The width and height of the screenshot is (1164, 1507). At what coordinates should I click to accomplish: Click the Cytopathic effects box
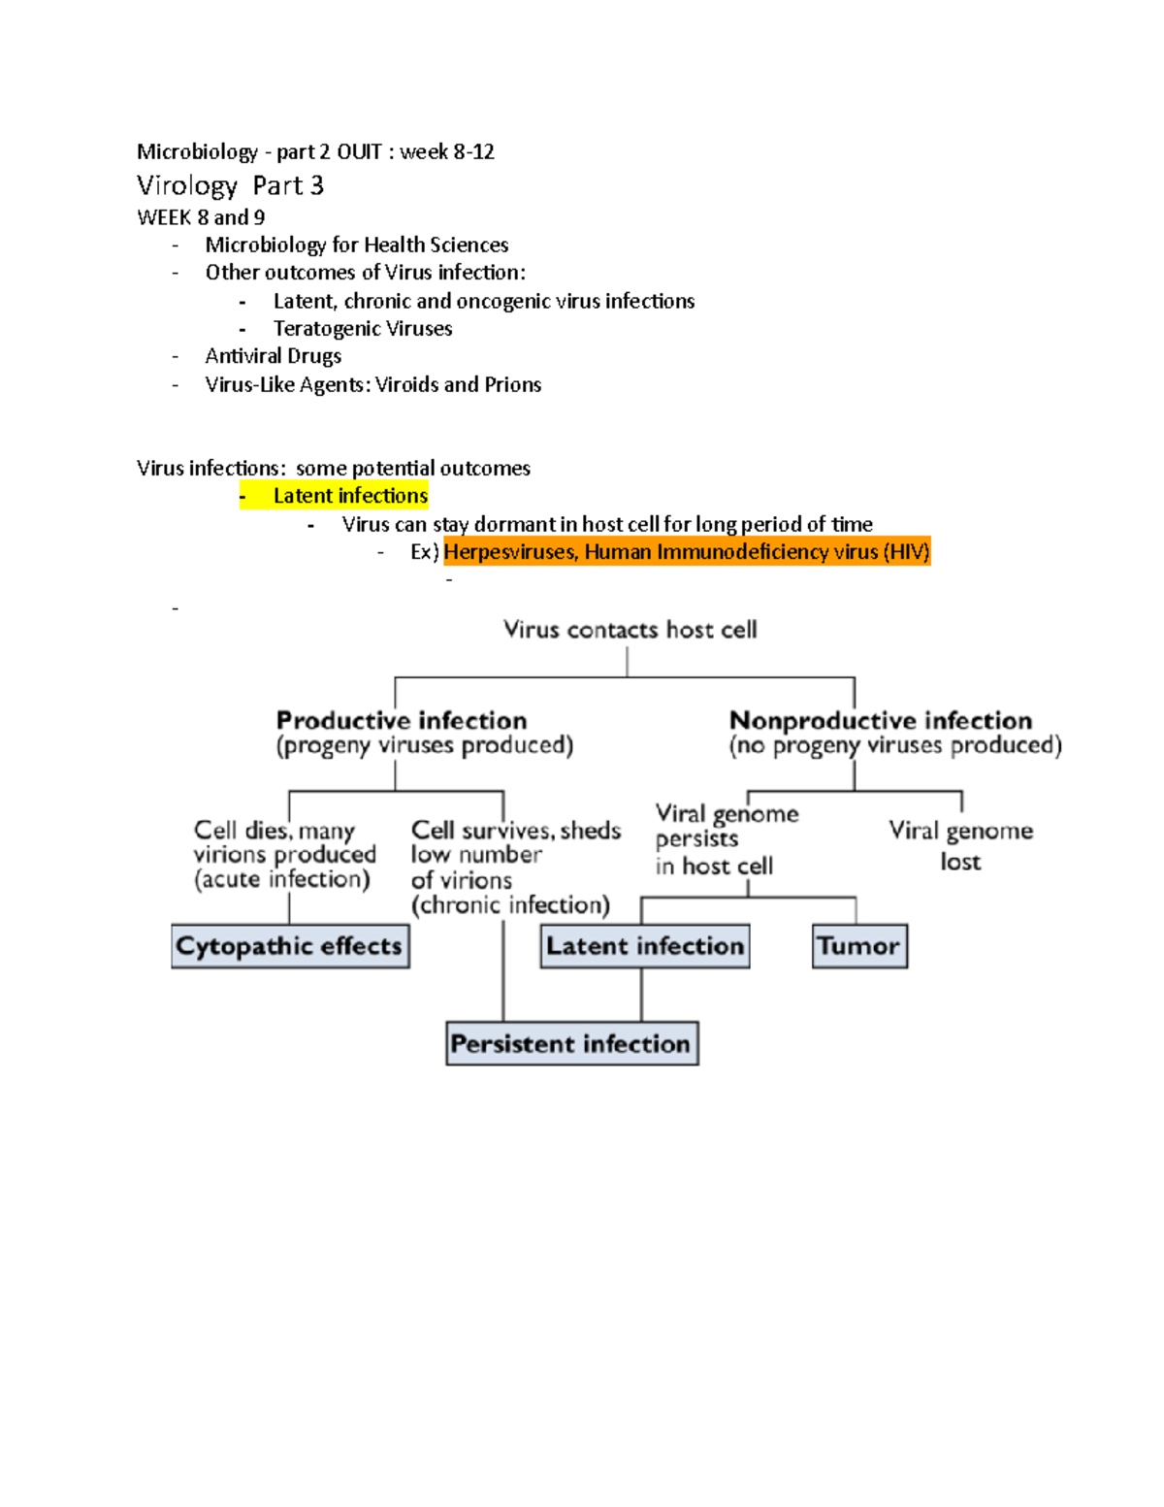290,946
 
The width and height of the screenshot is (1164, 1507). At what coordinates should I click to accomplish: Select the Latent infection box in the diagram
645,946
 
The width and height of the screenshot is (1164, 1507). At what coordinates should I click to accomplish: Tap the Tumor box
859,946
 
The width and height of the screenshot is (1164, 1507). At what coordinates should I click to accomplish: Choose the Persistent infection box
571,1044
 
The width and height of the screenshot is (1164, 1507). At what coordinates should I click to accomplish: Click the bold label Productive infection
402,720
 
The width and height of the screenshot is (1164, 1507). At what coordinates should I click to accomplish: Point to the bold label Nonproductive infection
881,720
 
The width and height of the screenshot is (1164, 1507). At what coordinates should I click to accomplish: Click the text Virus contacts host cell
630,630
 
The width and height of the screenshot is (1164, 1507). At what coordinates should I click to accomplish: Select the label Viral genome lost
960,845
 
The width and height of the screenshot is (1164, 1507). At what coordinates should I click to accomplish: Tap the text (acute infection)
282,879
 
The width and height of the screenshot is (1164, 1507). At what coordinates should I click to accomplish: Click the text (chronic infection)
510,905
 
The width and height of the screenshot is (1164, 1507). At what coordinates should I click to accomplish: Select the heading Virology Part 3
230,185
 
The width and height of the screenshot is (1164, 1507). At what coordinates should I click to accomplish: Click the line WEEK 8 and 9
201,217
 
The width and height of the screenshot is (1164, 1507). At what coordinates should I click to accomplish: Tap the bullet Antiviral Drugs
274,356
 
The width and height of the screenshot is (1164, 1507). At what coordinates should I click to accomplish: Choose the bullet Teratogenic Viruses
363,329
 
